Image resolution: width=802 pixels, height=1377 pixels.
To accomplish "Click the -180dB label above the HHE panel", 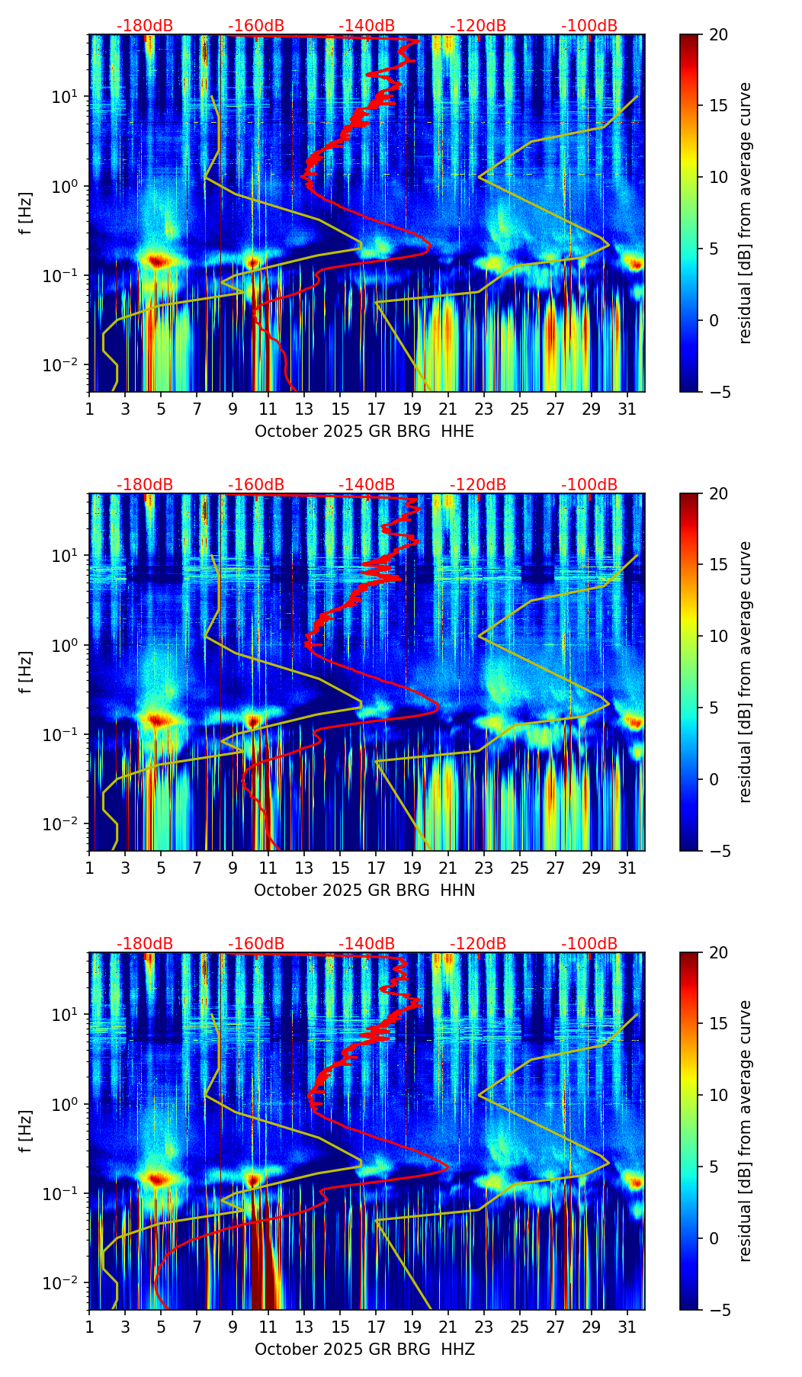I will click(145, 26).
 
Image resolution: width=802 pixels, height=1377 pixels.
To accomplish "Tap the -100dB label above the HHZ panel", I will click(589, 944).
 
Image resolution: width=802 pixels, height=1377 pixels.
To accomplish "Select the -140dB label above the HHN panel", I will click(367, 485).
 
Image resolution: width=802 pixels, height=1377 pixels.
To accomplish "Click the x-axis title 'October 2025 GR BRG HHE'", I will click(364, 432).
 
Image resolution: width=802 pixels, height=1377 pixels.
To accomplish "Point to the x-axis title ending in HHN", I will click(364, 891).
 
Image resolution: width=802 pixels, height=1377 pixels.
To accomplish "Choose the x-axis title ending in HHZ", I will click(364, 1350).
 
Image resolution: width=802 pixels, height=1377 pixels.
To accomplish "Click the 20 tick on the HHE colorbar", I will click(718, 35).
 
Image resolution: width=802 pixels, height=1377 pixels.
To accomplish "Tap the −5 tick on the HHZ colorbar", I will click(718, 1310).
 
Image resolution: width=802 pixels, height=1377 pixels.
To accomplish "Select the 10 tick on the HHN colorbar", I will click(718, 636).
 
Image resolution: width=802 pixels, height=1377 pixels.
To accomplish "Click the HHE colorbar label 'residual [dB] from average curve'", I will click(746, 213).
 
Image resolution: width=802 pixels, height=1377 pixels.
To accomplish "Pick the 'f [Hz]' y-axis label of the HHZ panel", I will click(26, 1131).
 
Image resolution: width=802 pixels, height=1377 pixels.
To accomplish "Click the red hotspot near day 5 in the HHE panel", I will click(157, 261).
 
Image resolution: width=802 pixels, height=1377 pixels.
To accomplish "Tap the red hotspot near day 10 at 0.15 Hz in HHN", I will click(253, 720).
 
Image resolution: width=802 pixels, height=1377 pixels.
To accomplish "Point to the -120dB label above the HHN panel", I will click(478, 485).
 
